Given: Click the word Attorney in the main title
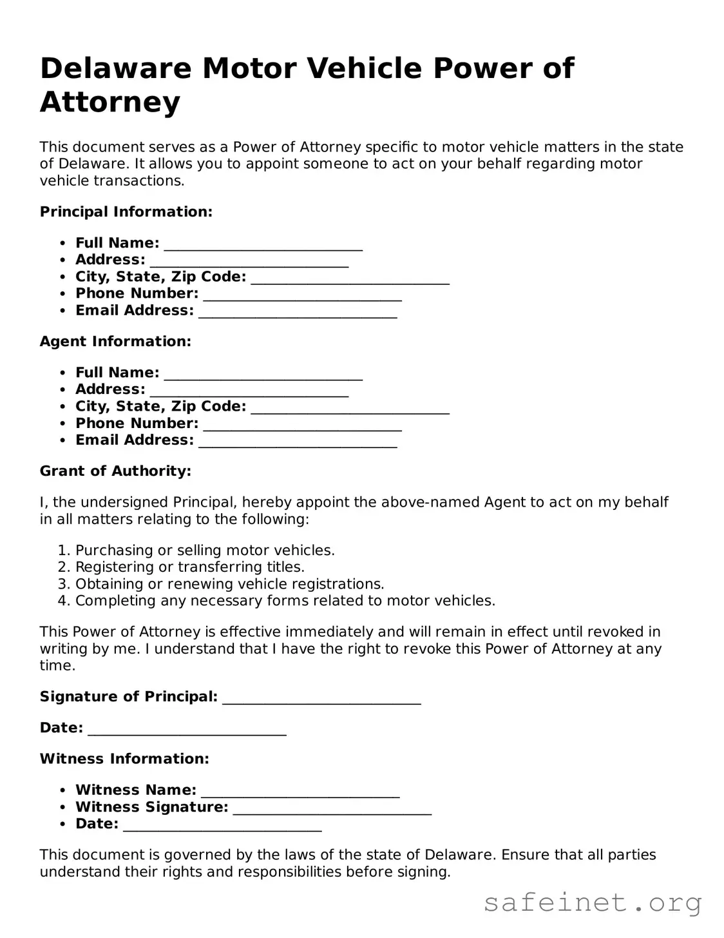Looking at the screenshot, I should click(110, 102).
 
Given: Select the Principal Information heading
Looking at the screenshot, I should click(126, 211).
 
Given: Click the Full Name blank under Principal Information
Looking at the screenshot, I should click(263, 245).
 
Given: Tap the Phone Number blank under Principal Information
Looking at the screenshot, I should click(302, 295).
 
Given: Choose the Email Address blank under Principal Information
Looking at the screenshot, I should click(298, 313).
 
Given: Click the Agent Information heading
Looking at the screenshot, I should click(115, 341).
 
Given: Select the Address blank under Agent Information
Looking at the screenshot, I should click(249, 391).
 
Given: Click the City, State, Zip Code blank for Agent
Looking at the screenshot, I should click(350, 408).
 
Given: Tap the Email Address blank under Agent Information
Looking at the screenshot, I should click(298, 442).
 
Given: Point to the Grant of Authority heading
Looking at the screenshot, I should click(115, 471).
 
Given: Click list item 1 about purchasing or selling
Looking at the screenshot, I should click(205, 550).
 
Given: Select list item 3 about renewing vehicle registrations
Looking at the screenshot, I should click(229, 584).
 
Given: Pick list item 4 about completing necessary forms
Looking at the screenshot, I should click(285, 601).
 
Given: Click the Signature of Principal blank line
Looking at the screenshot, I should click(321, 699).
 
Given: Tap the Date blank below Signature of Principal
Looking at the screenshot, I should click(187, 730).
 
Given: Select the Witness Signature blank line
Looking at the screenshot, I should click(332, 809).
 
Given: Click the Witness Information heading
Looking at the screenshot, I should click(124, 759).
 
